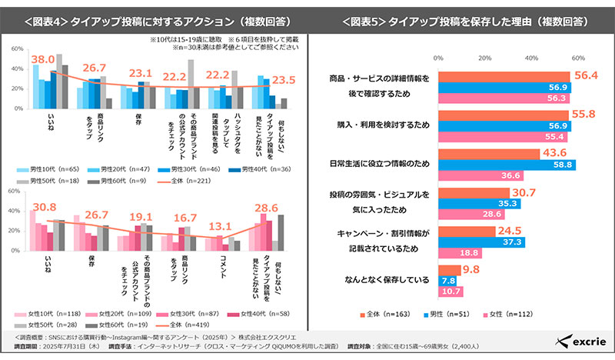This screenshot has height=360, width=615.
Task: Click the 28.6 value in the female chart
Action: coord(268,209)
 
